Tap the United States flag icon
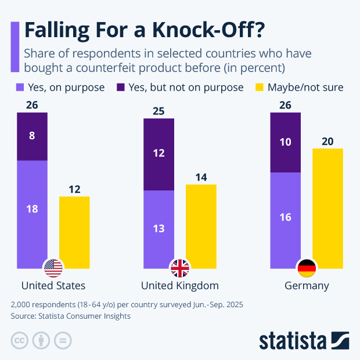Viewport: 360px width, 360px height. [53, 268]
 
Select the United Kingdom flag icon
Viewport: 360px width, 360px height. [179, 268]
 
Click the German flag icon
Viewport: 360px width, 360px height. [306, 268]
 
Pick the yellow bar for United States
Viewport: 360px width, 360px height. [74, 232]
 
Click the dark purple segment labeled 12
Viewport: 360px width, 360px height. [159, 154]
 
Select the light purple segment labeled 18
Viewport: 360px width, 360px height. [32, 209]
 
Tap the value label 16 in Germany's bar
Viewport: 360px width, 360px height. [286, 217]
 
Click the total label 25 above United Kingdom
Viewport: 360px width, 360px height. [159, 111]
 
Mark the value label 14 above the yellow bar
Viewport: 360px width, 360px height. [201, 177]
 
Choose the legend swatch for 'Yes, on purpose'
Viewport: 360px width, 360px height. [19, 88]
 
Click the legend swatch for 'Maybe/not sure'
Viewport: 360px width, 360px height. [259, 88]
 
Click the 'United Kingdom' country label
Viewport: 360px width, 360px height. [180, 286]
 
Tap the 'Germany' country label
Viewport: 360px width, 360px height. [307, 286]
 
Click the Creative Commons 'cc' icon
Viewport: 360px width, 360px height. [20, 340]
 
